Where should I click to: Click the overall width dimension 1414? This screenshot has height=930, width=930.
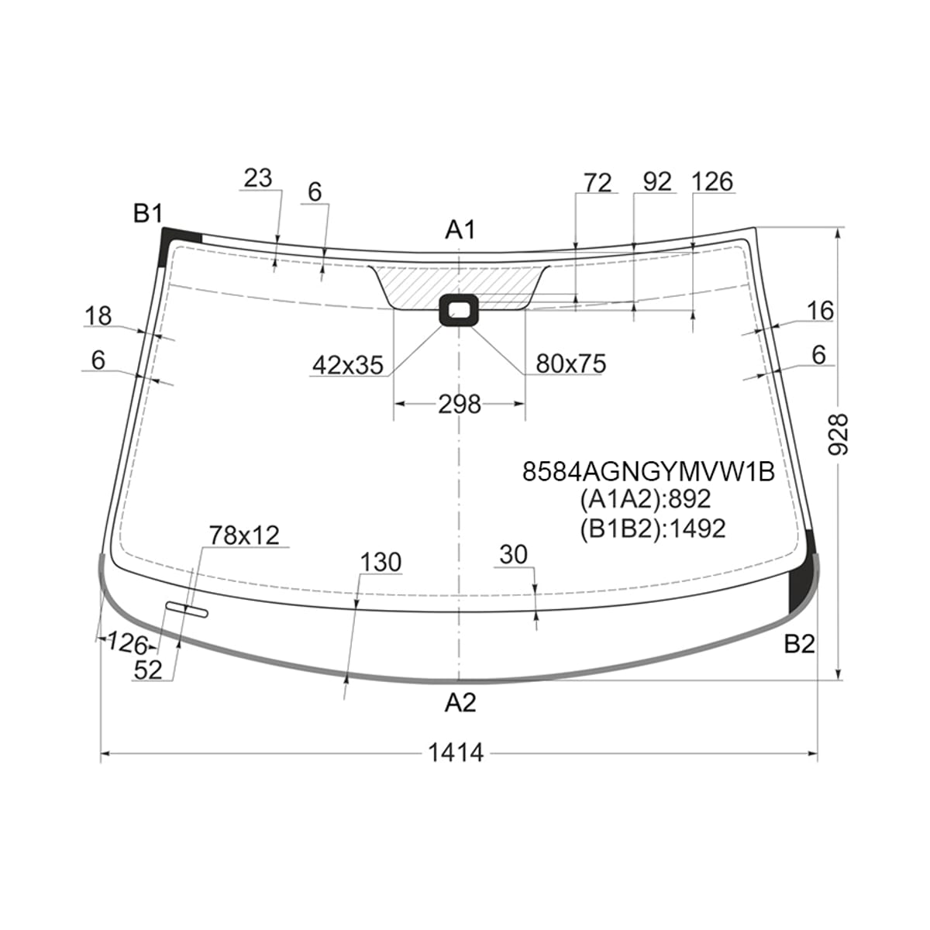click(x=456, y=753)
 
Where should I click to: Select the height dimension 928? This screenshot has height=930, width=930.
click(x=838, y=434)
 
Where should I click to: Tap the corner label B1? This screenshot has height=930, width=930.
click(x=148, y=213)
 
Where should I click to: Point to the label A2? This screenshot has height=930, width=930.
click(x=460, y=703)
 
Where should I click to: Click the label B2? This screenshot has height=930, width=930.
click(x=800, y=644)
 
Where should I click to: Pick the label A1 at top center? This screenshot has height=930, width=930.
click(x=460, y=229)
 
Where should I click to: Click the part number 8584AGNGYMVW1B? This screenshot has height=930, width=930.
click(x=648, y=471)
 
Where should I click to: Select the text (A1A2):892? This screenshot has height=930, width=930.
click(x=646, y=499)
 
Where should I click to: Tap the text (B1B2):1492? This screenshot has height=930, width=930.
click(x=653, y=529)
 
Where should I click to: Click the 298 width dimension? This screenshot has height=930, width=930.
click(x=460, y=405)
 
